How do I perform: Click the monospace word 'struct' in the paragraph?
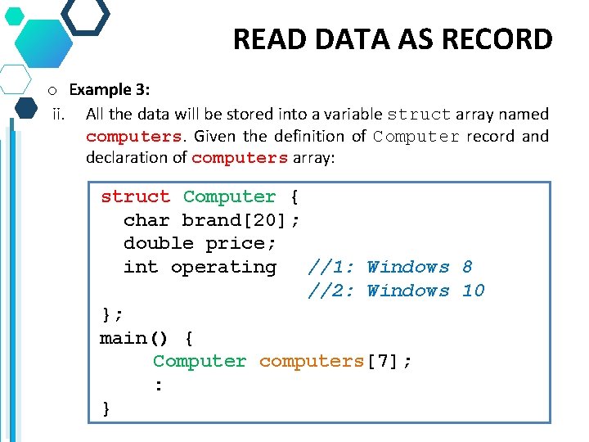pos(418,115)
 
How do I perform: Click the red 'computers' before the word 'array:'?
pos(240,158)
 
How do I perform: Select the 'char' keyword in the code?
pos(146,220)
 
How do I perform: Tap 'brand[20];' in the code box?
pos(241,220)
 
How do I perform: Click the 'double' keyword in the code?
pos(158,243)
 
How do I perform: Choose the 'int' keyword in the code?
pos(141,267)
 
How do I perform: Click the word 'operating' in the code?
pos(223,267)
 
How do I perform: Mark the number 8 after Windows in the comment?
pos(467,267)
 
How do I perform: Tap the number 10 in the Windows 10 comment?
pos(473,291)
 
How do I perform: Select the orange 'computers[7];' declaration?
pos(335,361)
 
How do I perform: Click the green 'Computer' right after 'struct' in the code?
pos(229,196)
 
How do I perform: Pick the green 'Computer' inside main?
pos(200,361)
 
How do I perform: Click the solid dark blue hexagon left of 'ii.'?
pos(26,107)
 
